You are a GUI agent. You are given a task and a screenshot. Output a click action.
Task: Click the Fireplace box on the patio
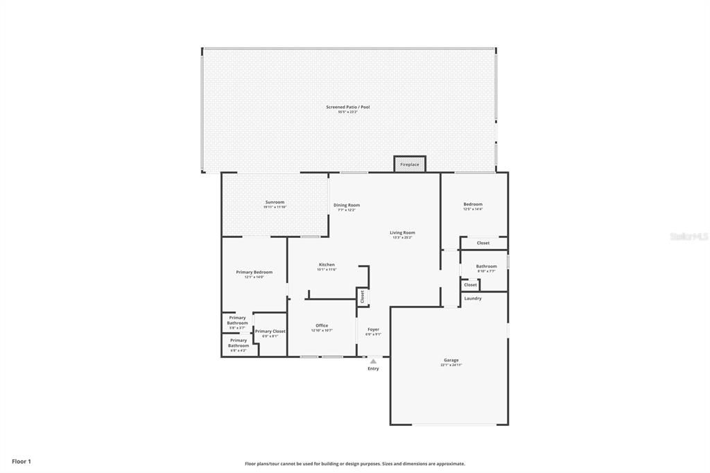tap(410, 164)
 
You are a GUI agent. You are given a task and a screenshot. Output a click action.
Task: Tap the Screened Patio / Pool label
tap(348, 107)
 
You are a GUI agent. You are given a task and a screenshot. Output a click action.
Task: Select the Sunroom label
tap(275, 202)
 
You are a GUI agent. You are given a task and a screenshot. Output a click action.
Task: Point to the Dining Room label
tap(347, 205)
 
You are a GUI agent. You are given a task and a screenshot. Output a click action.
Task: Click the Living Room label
tap(402, 232)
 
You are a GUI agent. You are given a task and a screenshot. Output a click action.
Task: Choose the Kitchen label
tap(327, 264)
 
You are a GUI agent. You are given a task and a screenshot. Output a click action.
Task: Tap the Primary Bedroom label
tap(254, 272)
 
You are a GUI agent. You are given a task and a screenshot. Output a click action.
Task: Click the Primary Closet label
tap(270, 332)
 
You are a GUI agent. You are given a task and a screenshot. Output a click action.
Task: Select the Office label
tap(322, 325)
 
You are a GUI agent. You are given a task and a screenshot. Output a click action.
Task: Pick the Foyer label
tap(373, 329)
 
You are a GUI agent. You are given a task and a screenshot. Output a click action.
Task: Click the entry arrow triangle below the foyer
tap(373, 361)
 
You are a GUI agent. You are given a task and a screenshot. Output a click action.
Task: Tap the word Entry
tap(373, 368)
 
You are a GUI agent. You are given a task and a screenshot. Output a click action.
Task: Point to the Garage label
tap(451, 360)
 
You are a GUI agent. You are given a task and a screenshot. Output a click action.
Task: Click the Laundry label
tap(473, 298)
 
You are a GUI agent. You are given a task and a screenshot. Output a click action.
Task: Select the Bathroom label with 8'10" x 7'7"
tap(486, 266)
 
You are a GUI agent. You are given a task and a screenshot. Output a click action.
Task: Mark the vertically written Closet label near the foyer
tap(362, 297)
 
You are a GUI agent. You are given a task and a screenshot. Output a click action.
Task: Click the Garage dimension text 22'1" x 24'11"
tap(451, 365)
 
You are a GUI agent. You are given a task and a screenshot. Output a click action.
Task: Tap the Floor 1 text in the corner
tap(21, 461)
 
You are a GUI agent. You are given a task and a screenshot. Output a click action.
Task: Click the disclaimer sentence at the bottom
tap(354, 464)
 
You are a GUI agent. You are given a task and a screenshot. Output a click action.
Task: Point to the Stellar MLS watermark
tap(689, 237)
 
